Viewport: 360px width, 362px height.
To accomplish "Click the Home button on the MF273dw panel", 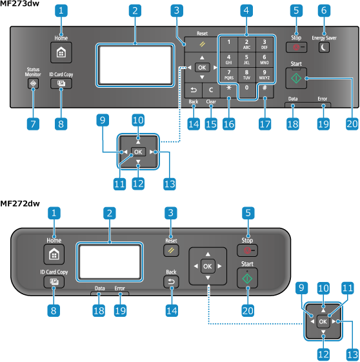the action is pyautogui.click(x=61, y=52).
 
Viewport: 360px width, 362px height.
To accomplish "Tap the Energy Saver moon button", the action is pyautogui.click(x=324, y=48).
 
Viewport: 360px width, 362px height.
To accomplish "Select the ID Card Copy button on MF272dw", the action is pyautogui.click(x=54, y=282).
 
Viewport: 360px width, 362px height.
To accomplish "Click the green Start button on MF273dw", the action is pyautogui.click(x=296, y=78).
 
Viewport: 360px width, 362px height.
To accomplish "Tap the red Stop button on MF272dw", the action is pyautogui.click(x=247, y=250).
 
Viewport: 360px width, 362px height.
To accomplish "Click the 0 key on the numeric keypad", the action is pyautogui.click(x=246, y=91).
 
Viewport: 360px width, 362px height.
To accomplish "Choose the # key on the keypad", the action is pyautogui.click(x=265, y=91).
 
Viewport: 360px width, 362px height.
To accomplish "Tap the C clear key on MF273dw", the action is pyautogui.click(x=211, y=90).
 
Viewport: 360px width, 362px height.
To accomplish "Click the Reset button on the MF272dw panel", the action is pyautogui.click(x=171, y=250).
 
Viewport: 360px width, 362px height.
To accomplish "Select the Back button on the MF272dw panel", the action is pyautogui.click(x=171, y=282).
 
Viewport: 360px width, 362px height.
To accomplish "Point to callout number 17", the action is pyautogui.click(x=265, y=124).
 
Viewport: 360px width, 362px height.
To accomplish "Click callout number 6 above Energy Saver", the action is pyautogui.click(x=324, y=10).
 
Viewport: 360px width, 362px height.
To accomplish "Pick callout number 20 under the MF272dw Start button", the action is pyautogui.click(x=248, y=310).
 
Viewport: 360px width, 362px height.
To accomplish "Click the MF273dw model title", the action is pyautogui.click(x=19, y=3).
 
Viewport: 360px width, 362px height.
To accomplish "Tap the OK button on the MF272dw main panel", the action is pyautogui.click(x=208, y=266).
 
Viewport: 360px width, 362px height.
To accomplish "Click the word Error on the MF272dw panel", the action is pyautogui.click(x=119, y=288).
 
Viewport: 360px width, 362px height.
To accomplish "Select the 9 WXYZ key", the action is pyautogui.click(x=265, y=75).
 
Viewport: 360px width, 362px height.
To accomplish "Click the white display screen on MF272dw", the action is pyautogui.click(x=110, y=262).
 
